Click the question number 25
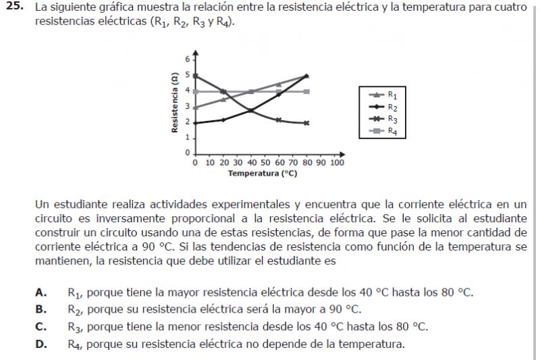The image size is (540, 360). click(x=14, y=7)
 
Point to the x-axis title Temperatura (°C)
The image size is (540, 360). click(x=263, y=174)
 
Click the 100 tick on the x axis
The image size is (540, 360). click(x=337, y=163)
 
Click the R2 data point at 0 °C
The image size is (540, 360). click(x=195, y=123)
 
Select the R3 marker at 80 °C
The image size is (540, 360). click(x=307, y=123)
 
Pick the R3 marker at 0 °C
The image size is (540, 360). click(x=195, y=76)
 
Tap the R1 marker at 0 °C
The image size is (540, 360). click(x=195, y=107)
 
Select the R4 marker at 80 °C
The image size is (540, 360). click(x=307, y=91)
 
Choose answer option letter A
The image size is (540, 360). click(x=41, y=293)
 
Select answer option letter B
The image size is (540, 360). click(x=41, y=310)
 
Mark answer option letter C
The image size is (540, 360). click(x=41, y=327)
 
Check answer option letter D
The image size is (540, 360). click(x=41, y=344)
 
